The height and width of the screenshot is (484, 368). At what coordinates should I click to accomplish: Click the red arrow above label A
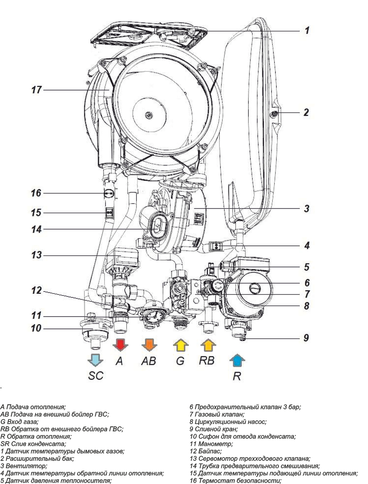119,345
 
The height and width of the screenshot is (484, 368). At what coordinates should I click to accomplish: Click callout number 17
36,89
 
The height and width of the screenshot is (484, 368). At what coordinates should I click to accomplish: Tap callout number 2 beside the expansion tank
306,112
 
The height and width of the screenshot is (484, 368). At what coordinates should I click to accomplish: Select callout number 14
36,230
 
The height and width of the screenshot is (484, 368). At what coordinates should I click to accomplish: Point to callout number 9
306,338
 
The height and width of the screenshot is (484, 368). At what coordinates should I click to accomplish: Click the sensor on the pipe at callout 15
109,213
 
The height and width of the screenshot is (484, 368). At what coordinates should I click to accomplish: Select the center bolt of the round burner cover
148,115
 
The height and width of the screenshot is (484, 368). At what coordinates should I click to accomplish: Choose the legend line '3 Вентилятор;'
24,466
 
